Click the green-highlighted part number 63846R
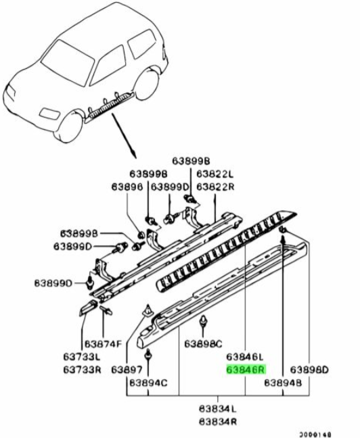[246, 370]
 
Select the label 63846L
[245, 357]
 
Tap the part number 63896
[127, 187]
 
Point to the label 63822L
[215, 174]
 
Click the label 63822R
[215, 187]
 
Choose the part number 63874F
[104, 344]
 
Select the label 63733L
[82, 357]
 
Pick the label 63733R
[82, 370]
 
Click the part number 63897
[127, 370]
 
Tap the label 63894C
[148, 383]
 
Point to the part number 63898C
[203, 344]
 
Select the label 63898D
[309, 370]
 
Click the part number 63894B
[283, 383]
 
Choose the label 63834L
[218, 409]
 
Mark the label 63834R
[218, 422]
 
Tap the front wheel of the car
[69, 126]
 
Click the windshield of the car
[68, 63]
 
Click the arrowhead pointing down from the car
[135, 155]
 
